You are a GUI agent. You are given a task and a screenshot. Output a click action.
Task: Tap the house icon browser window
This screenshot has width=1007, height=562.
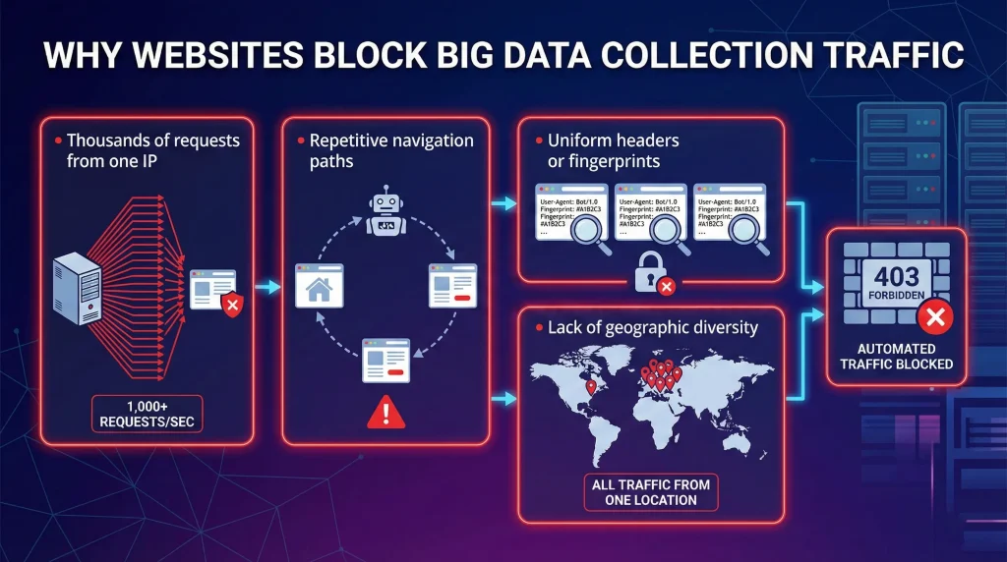(320, 287)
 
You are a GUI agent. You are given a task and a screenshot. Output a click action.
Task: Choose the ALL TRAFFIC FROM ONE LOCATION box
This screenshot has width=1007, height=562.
(650, 491)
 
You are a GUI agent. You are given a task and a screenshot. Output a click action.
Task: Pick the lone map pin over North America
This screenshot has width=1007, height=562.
(591, 387)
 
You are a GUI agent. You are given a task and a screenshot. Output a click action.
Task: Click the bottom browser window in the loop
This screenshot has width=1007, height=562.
(385, 361)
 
